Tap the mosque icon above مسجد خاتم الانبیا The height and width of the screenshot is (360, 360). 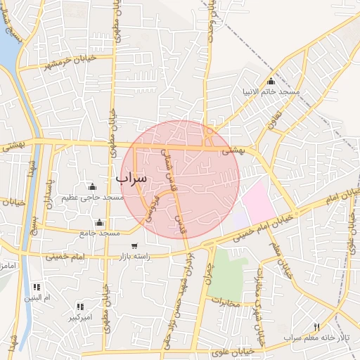pyautogui.click(x=271, y=82)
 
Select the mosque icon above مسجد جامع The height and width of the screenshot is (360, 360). pyautogui.click(x=99, y=223)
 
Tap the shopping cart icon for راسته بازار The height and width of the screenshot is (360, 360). pyautogui.click(x=134, y=246)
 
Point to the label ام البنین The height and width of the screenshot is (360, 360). pyautogui.click(x=37, y=298)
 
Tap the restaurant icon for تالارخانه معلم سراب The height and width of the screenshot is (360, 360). pyautogui.click(x=316, y=327)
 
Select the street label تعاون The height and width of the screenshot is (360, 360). pyautogui.click(x=274, y=124)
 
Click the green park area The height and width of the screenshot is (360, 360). pyautogui.click(x=226, y=274)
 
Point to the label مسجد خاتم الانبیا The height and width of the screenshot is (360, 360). pyautogui.click(x=271, y=92)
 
